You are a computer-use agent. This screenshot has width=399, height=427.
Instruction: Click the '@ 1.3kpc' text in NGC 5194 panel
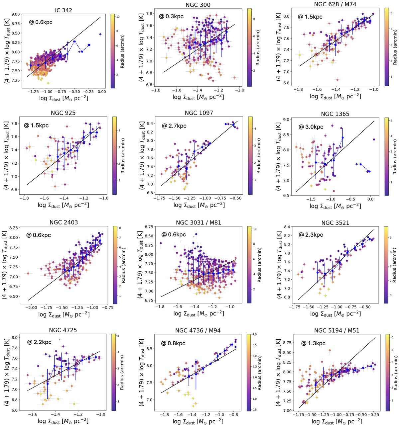pos(313,343)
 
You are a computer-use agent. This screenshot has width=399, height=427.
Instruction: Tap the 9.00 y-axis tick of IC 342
pos(20,14)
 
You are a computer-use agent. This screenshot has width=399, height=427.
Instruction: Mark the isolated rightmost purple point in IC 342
pos(100,34)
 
